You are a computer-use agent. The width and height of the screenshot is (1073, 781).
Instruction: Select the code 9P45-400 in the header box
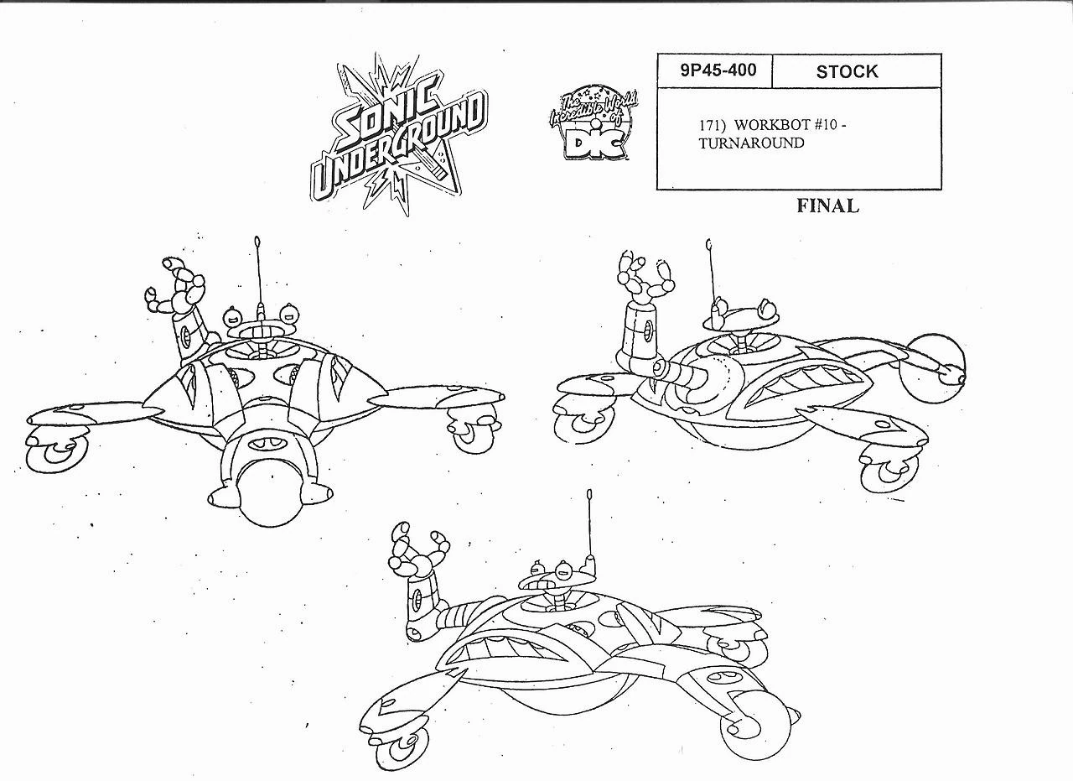pyautogui.click(x=713, y=70)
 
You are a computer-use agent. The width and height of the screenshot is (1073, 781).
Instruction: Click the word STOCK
pyautogui.click(x=847, y=72)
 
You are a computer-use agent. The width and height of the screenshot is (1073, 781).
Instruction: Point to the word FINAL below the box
pyautogui.click(x=827, y=206)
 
